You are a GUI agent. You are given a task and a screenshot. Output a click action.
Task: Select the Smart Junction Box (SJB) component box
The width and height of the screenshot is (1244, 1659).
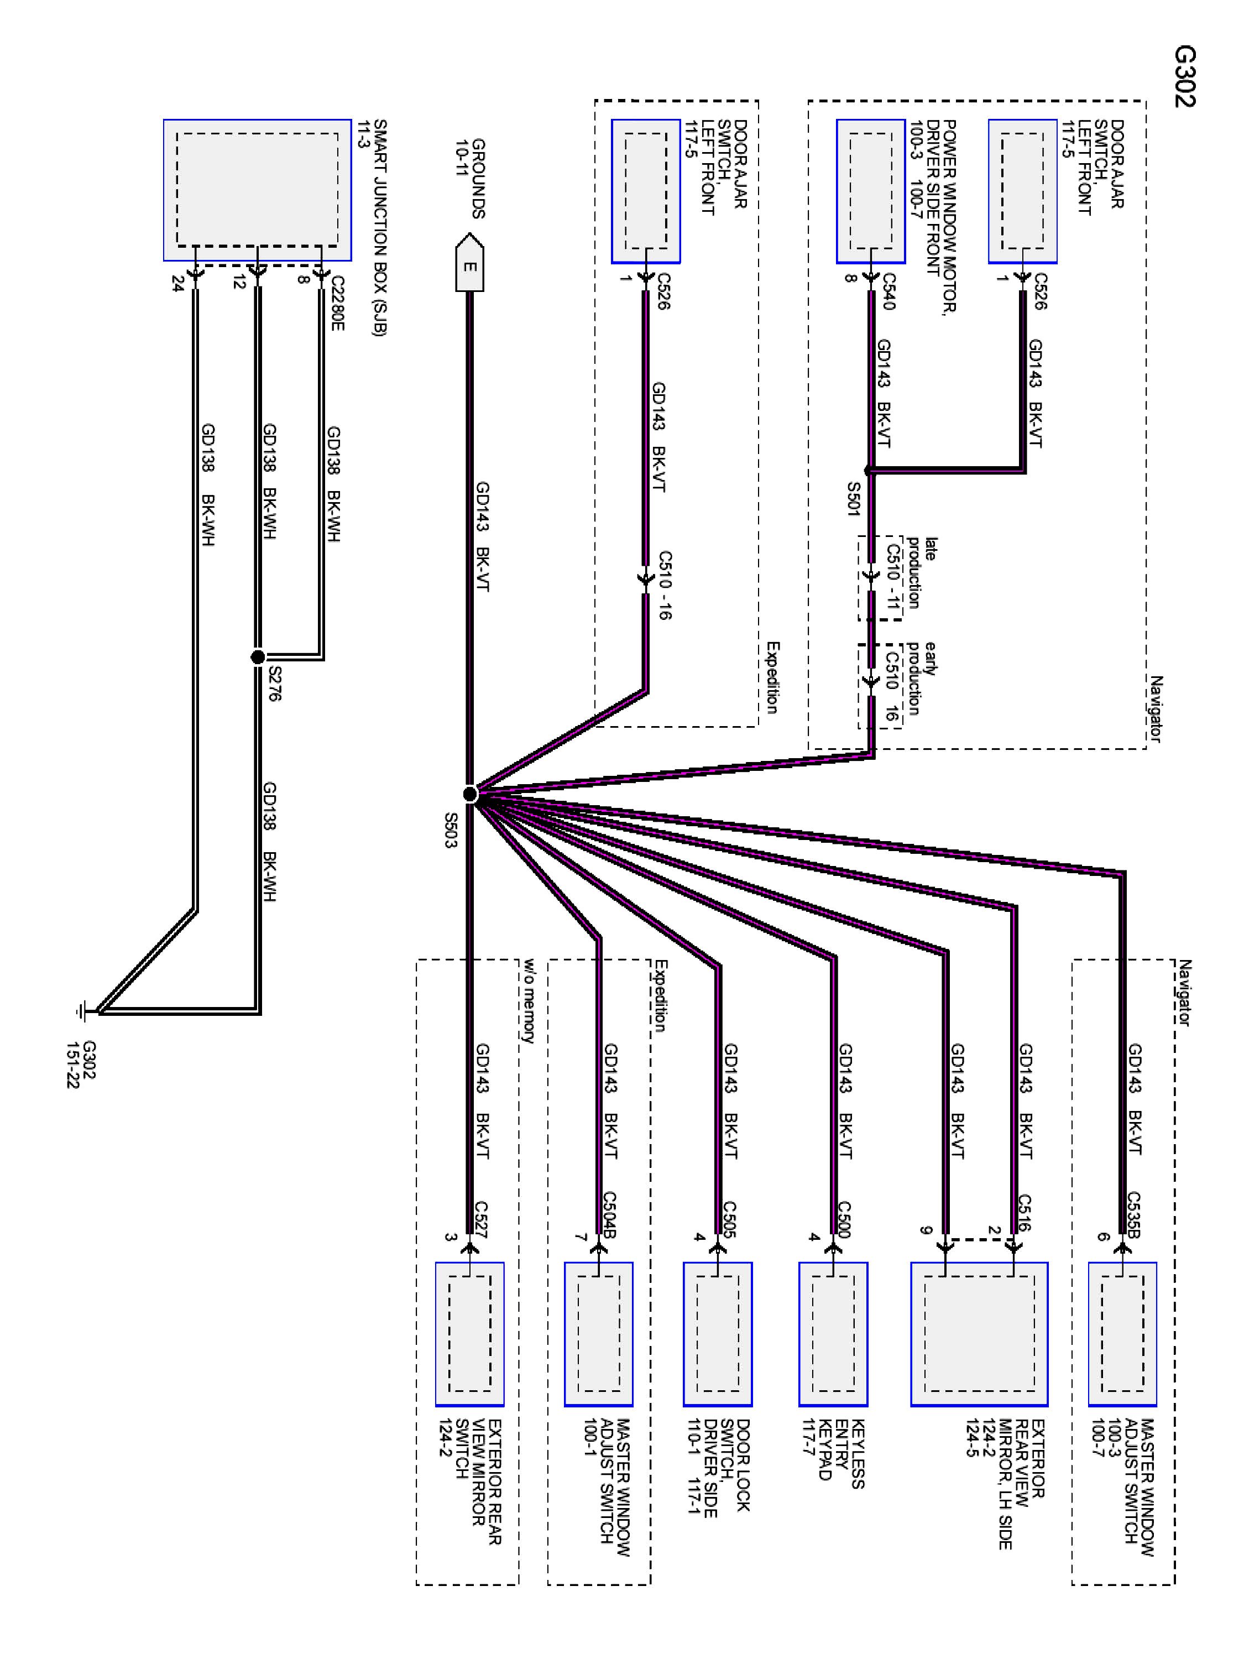click(x=257, y=190)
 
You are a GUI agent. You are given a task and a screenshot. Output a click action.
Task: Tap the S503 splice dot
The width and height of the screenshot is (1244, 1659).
click(x=470, y=794)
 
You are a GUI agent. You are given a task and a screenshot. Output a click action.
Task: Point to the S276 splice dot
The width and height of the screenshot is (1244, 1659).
click(x=257, y=658)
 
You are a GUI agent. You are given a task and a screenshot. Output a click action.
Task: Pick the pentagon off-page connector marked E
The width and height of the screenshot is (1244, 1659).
click(x=469, y=262)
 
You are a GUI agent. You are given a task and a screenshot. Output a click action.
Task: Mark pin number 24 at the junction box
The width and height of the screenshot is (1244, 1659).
click(x=177, y=284)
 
